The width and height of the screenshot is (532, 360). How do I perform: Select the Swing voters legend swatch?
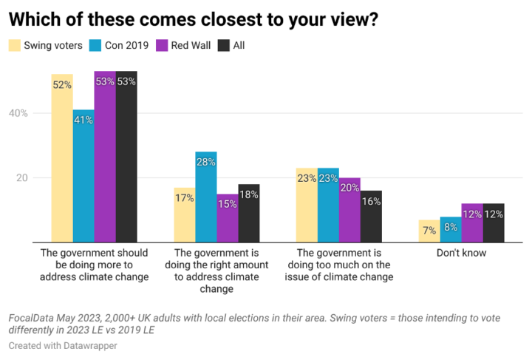(15, 46)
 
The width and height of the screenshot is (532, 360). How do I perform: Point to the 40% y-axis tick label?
(18, 113)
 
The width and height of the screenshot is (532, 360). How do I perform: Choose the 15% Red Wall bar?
(228, 218)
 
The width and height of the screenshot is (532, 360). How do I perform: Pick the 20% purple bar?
(349, 210)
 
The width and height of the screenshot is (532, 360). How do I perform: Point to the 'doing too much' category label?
(338, 265)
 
